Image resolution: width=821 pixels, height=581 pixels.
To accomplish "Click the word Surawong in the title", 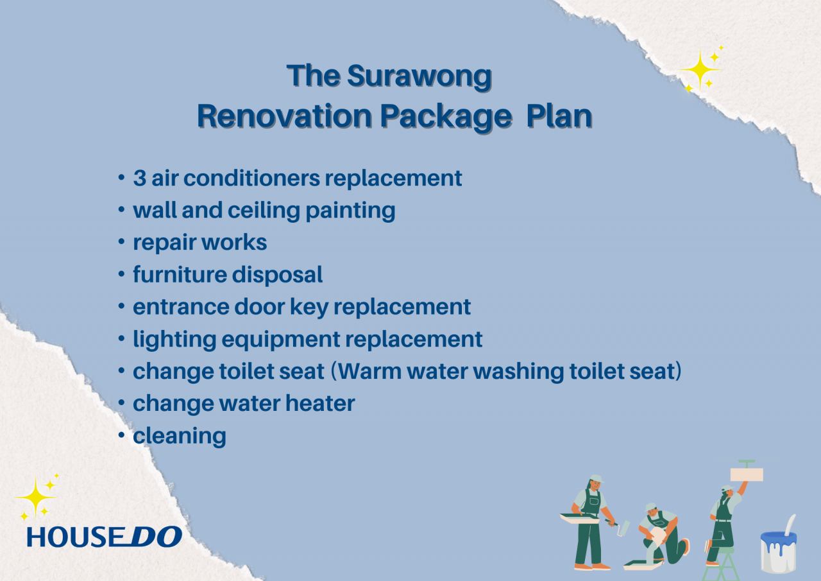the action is tap(419, 77).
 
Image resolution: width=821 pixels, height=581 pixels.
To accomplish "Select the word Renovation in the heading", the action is tap(285, 117).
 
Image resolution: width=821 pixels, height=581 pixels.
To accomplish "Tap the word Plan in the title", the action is tap(559, 117).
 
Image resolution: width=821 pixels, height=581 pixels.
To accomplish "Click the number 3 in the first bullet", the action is tap(140, 178).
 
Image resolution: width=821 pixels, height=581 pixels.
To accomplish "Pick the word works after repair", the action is tap(234, 243).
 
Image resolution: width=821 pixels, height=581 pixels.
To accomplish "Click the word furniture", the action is tap(180, 274).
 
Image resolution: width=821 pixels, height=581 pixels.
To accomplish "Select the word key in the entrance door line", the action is tap(309, 308).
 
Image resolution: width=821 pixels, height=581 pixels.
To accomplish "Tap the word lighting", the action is tap(174, 340).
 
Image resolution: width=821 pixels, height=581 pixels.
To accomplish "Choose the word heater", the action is tap(320, 403).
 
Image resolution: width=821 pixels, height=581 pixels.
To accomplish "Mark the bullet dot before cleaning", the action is tap(121, 435).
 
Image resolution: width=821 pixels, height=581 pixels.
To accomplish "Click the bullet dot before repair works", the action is tap(121, 242).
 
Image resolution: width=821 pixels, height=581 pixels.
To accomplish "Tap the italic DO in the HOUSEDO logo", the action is tap(156, 537).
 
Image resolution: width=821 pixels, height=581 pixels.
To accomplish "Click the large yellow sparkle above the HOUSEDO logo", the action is tap(35, 498).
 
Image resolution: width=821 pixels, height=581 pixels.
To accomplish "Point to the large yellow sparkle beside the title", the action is tap(700, 69).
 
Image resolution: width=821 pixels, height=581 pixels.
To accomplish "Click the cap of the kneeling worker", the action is tap(650, 507).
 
